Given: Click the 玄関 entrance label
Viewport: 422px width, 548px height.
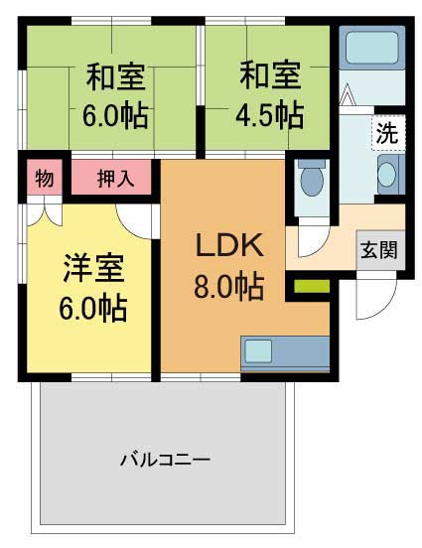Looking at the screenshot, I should click(377, 249).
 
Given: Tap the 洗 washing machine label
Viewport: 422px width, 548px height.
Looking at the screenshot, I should click(386, 132).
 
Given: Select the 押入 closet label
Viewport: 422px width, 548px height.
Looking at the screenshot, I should click(111, 180).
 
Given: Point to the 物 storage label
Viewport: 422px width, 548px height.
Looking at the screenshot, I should click(44, 180).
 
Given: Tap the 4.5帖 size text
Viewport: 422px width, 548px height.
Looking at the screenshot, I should click(269, 115).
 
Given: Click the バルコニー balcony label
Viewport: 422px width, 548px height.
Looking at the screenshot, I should click(165, 460).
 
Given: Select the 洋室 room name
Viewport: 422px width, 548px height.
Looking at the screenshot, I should click(92, 268).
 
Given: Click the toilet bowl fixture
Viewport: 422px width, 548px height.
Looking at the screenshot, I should click(311, 181).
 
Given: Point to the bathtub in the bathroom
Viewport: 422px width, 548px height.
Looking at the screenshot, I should click(370, 47).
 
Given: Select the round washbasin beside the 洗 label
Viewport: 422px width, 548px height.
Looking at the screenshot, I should click(386, 176).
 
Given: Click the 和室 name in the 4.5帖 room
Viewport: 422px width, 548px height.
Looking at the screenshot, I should click(268, 73).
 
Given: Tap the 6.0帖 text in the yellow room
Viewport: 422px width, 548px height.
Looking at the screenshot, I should click(92, 309).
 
